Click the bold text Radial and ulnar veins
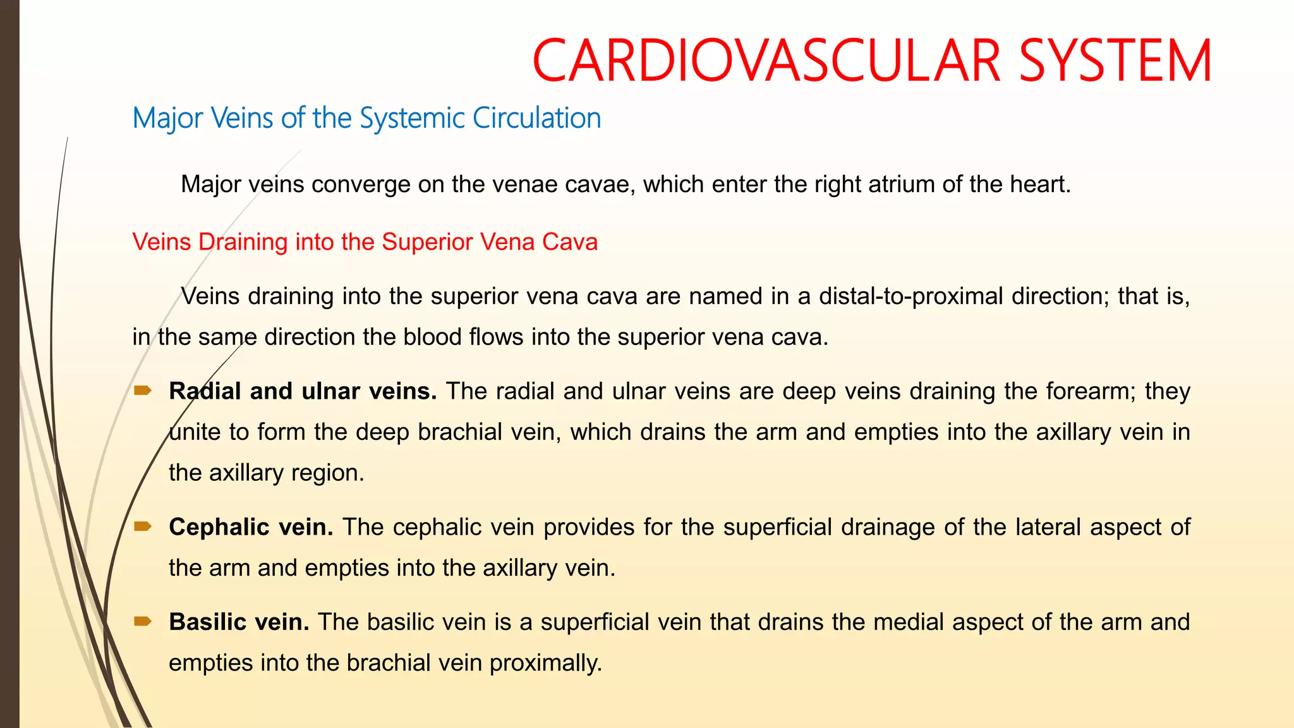click(x=303, y=391)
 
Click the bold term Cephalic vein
click(x=251, y=527)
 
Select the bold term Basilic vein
click(x=239, y=622)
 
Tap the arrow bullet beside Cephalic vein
click(x=143, y=526)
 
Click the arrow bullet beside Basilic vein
click(x=143, y=621)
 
